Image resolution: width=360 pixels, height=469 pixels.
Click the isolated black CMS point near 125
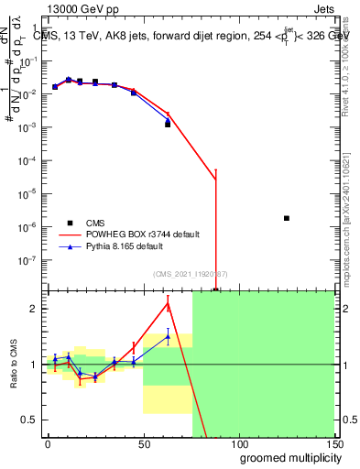point(287,218)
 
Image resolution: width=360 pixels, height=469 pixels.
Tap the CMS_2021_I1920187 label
point(191,274)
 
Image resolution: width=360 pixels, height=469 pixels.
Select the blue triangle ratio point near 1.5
point(168,336)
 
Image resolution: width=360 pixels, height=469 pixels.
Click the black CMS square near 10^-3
point(168,124)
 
